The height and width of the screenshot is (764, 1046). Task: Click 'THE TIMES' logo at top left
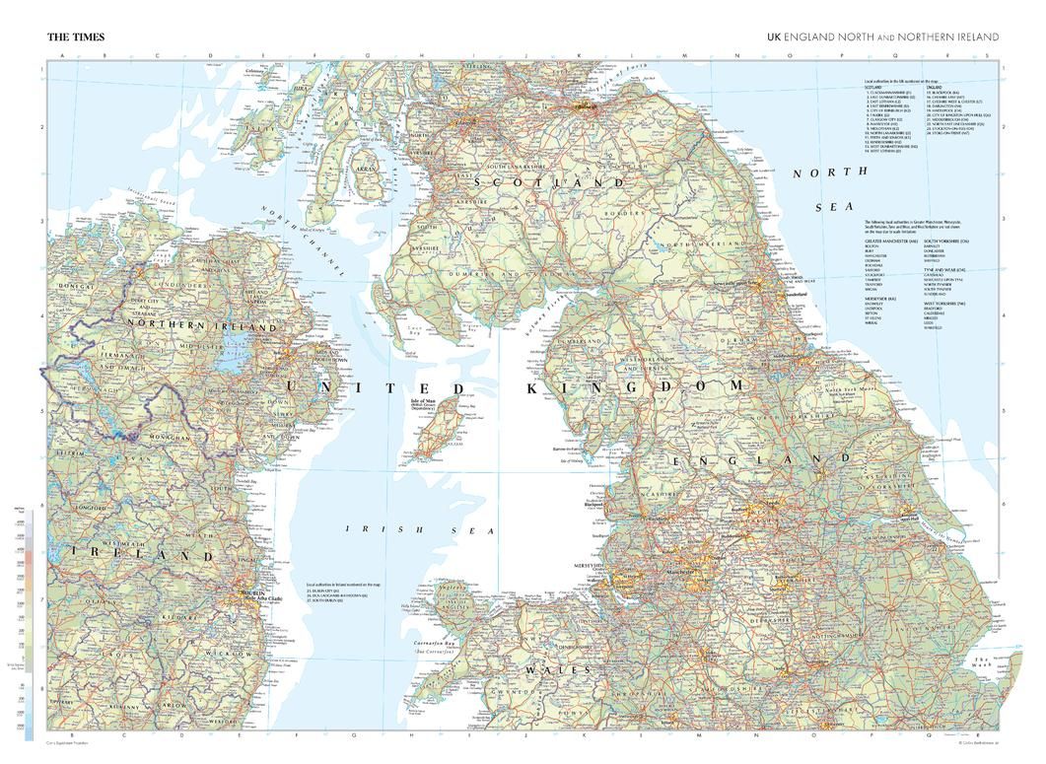coord(76,36)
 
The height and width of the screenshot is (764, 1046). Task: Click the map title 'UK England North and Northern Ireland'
coord(883,36)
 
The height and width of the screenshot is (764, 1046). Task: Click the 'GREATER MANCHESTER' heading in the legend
coord(890,241)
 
